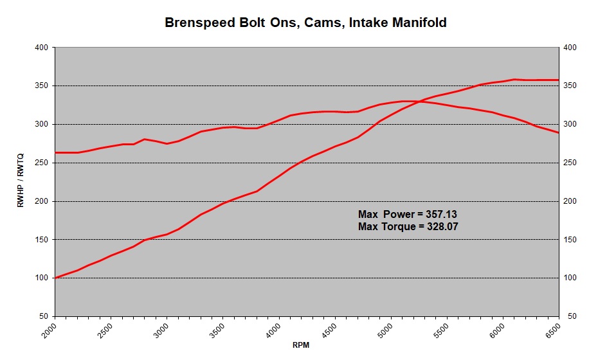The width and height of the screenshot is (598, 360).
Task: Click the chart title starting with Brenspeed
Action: pyautogui.click(x=305, y=22)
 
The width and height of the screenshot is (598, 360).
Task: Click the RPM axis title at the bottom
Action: pyautogui.click(x=301, y=345)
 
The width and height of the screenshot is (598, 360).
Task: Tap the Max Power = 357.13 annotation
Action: pyautogui.click(x=407, y=214)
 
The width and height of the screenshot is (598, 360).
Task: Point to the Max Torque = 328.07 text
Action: pyautogui.click(x=407, y=226)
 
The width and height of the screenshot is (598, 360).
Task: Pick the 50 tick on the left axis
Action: pyautogui.click(x=46, y=316)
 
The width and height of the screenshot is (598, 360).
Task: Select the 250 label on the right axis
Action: pyautogui.click(x=570, y=163)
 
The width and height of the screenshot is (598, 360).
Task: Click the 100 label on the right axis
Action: pyautogui.click(x=570, y=278)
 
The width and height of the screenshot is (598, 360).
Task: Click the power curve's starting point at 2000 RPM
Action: pyautogui.click(x=55, y=278)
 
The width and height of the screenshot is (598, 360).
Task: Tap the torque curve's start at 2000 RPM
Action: pyautogui.click(x=55, y=152)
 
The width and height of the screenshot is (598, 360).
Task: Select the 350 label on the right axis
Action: pyautogui.click(x=570, y=85)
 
